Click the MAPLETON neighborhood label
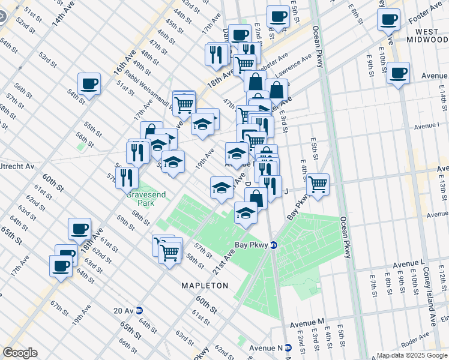pyautogui.click(x=205, y=286)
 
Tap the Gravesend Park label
pyautogui.click(x=140, y=199)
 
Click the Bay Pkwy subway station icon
pyautogui.click(x=273, y=245)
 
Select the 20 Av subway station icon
pyautogui.click(x=139, y=310)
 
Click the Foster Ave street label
pyautogui.click(x=426, y=10)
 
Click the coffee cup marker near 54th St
pyautogui.click(x=89, y=83)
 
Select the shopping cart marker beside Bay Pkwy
pyautogui.click(x=318, y=185)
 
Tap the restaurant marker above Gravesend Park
pyautogui.click(x=127, y=177)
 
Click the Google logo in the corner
pyautogui.click(x=20, y=353)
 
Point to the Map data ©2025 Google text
pyautogui.click(x=412, y=355)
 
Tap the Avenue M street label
pyautogui.click(x=307, y=323)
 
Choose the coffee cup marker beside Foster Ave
pyautogui.click(x=388, y=19)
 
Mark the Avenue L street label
pyautogui.click(x=409, y=264)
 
